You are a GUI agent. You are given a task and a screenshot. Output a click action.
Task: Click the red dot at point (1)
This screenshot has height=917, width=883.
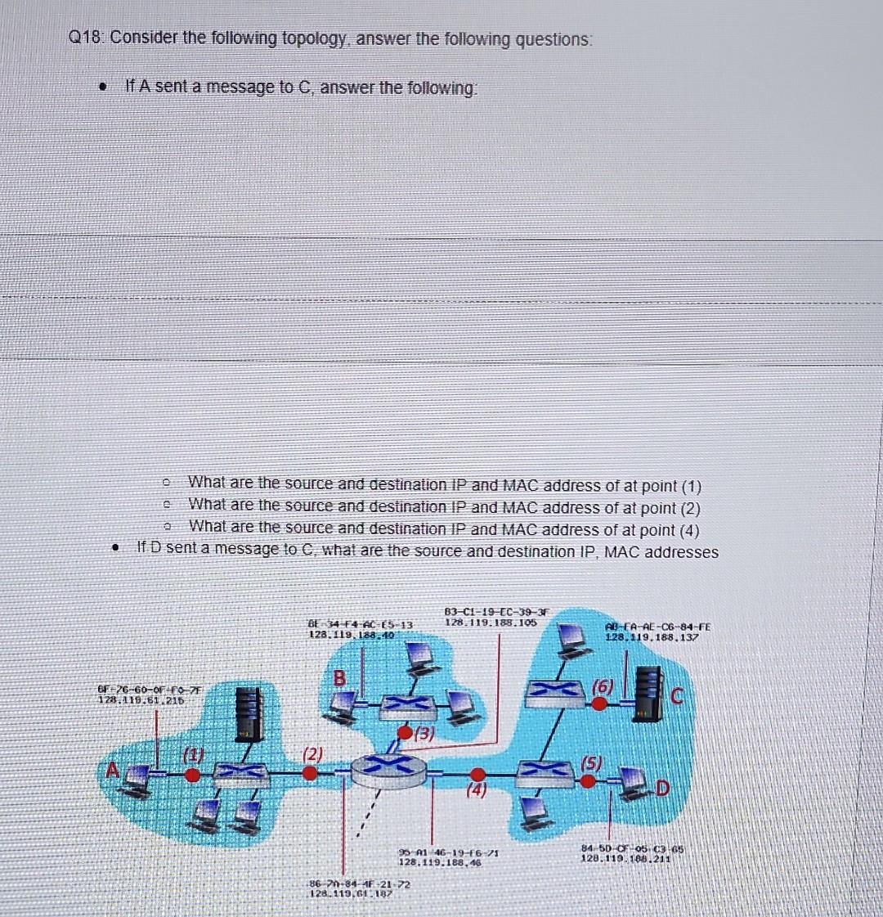(x=192, y=773)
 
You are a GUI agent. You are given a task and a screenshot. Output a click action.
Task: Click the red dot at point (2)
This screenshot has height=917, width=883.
(x=308, y=772)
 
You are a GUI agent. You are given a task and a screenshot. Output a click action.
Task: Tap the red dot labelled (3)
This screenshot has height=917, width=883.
(x=405, y=730)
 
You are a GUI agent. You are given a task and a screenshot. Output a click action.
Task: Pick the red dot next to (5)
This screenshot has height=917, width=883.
(x=589, y=780)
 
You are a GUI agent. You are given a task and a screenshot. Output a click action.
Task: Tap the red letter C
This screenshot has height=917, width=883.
(x=677, y=696)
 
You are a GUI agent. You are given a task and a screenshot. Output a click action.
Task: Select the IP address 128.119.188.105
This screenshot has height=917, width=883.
(x=489, y=622)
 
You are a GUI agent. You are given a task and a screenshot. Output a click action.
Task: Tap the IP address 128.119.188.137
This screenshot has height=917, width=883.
(x=652, y=636)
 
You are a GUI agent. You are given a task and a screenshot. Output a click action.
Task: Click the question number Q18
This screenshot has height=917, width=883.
(x=86, y=38)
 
